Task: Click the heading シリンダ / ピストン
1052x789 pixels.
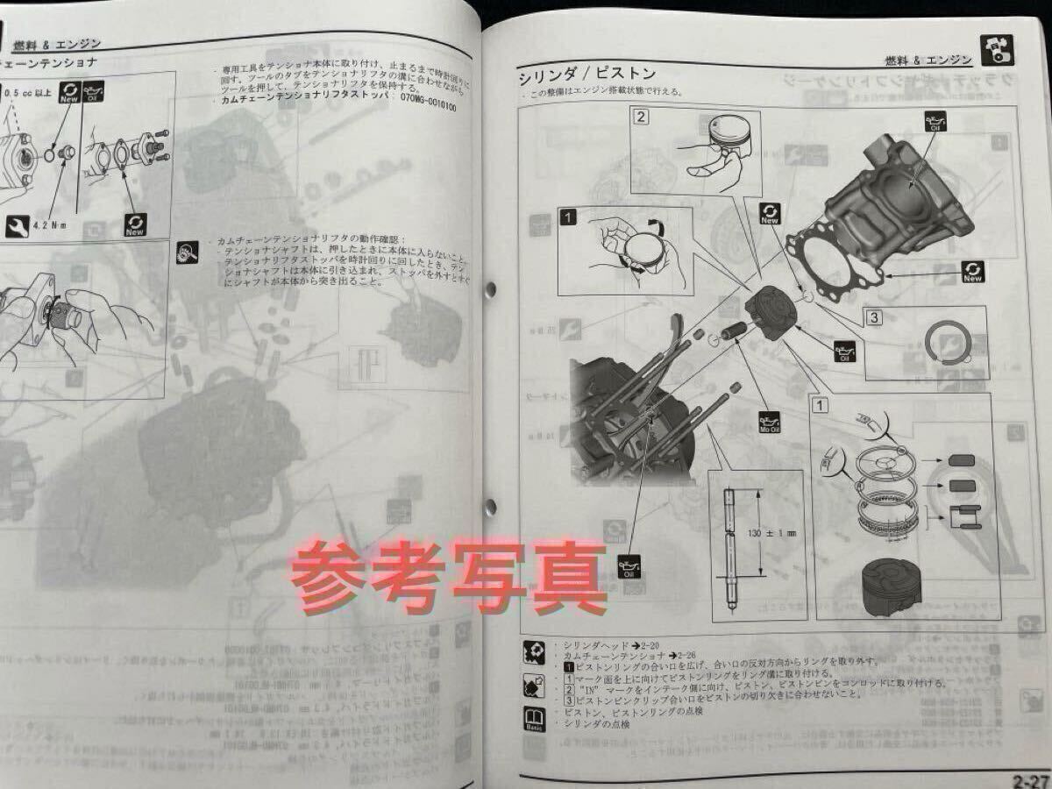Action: click(x=586, y=75)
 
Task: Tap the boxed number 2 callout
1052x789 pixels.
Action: click(x=642, y=116)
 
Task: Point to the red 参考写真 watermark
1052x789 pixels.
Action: click(x=448, y=577)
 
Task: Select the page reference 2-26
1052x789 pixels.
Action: click(x=683, y=657)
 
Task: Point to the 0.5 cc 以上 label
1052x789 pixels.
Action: click(x=30, y=92)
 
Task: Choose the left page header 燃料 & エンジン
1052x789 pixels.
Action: click(x=57, y=43)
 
